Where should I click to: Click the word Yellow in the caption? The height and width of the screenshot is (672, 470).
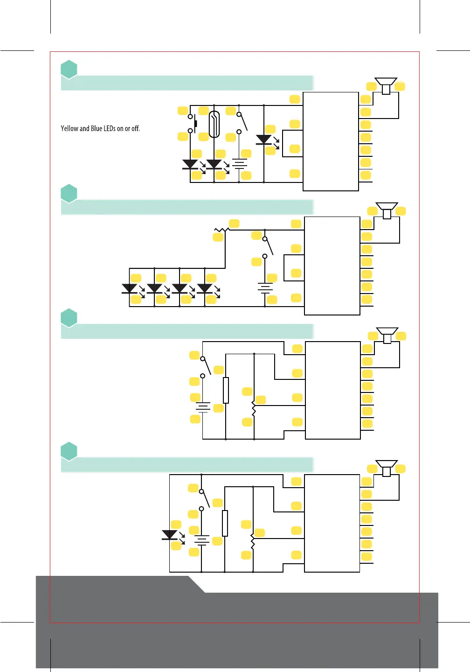pyautogui.click(x=69, y=128)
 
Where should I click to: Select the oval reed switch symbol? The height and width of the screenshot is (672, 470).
pyautogui.click(x=214, y=125)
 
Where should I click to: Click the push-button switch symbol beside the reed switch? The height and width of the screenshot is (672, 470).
pyautogui.click(x=192, y=124)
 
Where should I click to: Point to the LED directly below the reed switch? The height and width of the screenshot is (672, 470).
pyautogui.click(x=214, y=164)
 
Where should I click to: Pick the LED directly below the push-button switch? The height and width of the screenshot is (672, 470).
pyautogui.click(x=190, y=164)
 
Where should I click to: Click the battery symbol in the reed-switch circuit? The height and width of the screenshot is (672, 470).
pyautogui.click(x=239, y=164)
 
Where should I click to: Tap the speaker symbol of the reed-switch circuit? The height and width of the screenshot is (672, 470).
pyautogui.click(x=386, y=85)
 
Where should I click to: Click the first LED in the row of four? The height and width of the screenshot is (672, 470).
pyautogui.click(x=129, y=289)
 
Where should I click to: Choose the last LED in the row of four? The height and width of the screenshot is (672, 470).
pyautogui.click(x=205, y=289)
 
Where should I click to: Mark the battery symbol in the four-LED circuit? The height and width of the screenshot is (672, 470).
pyautogui.click(x=265, y=288)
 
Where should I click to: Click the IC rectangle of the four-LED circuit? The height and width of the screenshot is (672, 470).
pyautogui.click(x=332, y=266)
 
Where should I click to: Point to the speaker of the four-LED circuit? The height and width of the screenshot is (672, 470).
pyautogui.click(x=387, y=210)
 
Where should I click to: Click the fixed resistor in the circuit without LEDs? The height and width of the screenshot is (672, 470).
pyautogui.click(x=226, y=390)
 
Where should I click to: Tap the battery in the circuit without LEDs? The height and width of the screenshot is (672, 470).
pyautogui.click(x=203, y=407)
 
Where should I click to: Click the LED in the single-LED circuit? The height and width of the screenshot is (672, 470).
pyautogui.click(x=169, y=535)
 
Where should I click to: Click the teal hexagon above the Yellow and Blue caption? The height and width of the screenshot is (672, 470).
pyautogui.click(x=69, y=69)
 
